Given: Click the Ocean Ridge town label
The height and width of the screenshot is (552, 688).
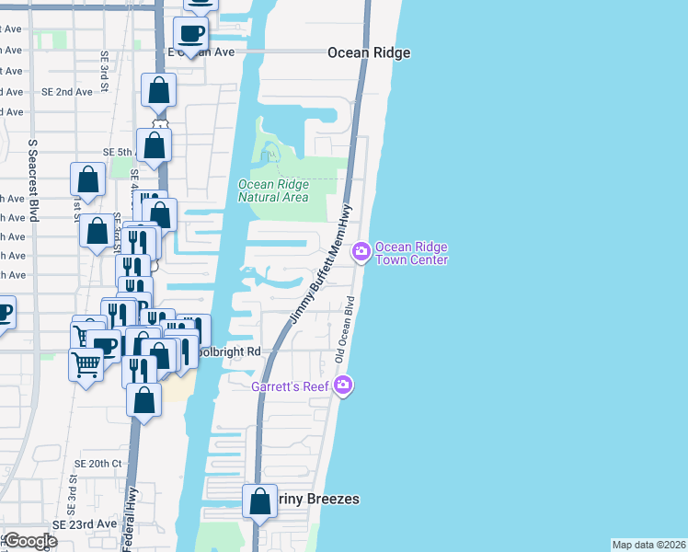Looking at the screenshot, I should point(369,53).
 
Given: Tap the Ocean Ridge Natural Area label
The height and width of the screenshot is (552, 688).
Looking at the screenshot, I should point(273,190).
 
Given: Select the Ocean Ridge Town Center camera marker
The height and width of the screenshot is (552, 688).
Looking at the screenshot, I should point(361,250).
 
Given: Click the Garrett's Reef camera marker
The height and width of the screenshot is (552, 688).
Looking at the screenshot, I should point(343,384).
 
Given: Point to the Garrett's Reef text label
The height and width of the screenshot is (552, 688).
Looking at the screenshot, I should point(292,386).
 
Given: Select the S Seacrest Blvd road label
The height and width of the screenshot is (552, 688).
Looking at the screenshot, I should point(33,180).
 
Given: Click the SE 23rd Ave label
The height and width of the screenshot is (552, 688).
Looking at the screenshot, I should point(85,523).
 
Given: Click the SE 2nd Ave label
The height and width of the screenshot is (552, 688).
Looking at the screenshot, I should point(67,92).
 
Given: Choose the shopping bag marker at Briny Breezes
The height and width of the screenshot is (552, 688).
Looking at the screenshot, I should point(259,501).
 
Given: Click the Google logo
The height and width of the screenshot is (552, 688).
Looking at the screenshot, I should point(30,541).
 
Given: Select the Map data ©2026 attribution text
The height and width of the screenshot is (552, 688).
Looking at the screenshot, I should point(648,545).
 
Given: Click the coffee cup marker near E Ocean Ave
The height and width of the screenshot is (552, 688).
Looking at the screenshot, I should point(190,34).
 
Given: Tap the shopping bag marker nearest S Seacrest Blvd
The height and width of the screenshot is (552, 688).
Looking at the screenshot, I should point(87,180).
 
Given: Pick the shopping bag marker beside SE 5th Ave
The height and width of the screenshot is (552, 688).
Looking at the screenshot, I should point(154,144).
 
